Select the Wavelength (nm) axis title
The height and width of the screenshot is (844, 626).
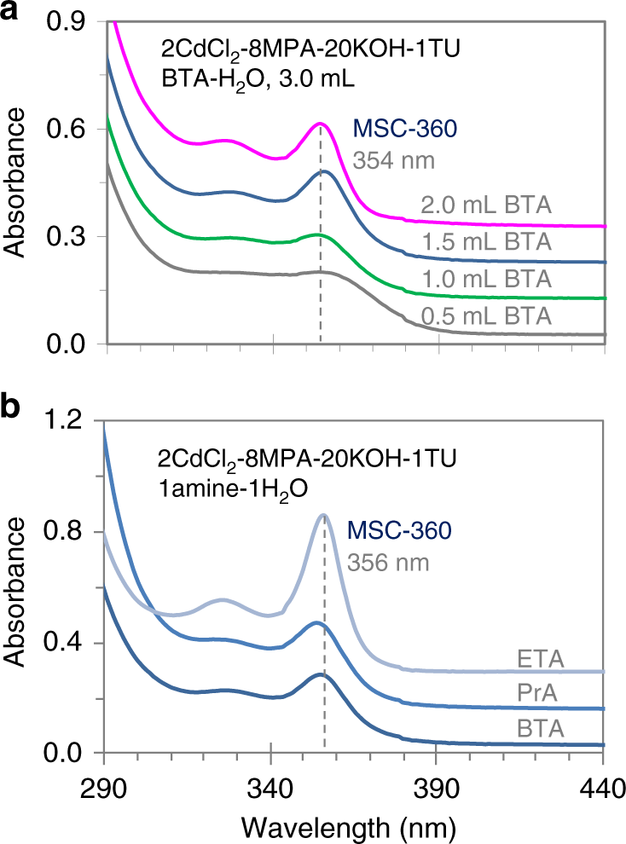click(353, 824)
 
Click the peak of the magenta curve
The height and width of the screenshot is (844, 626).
click(320, 124)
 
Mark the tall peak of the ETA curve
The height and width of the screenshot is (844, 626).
click(323, 515)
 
